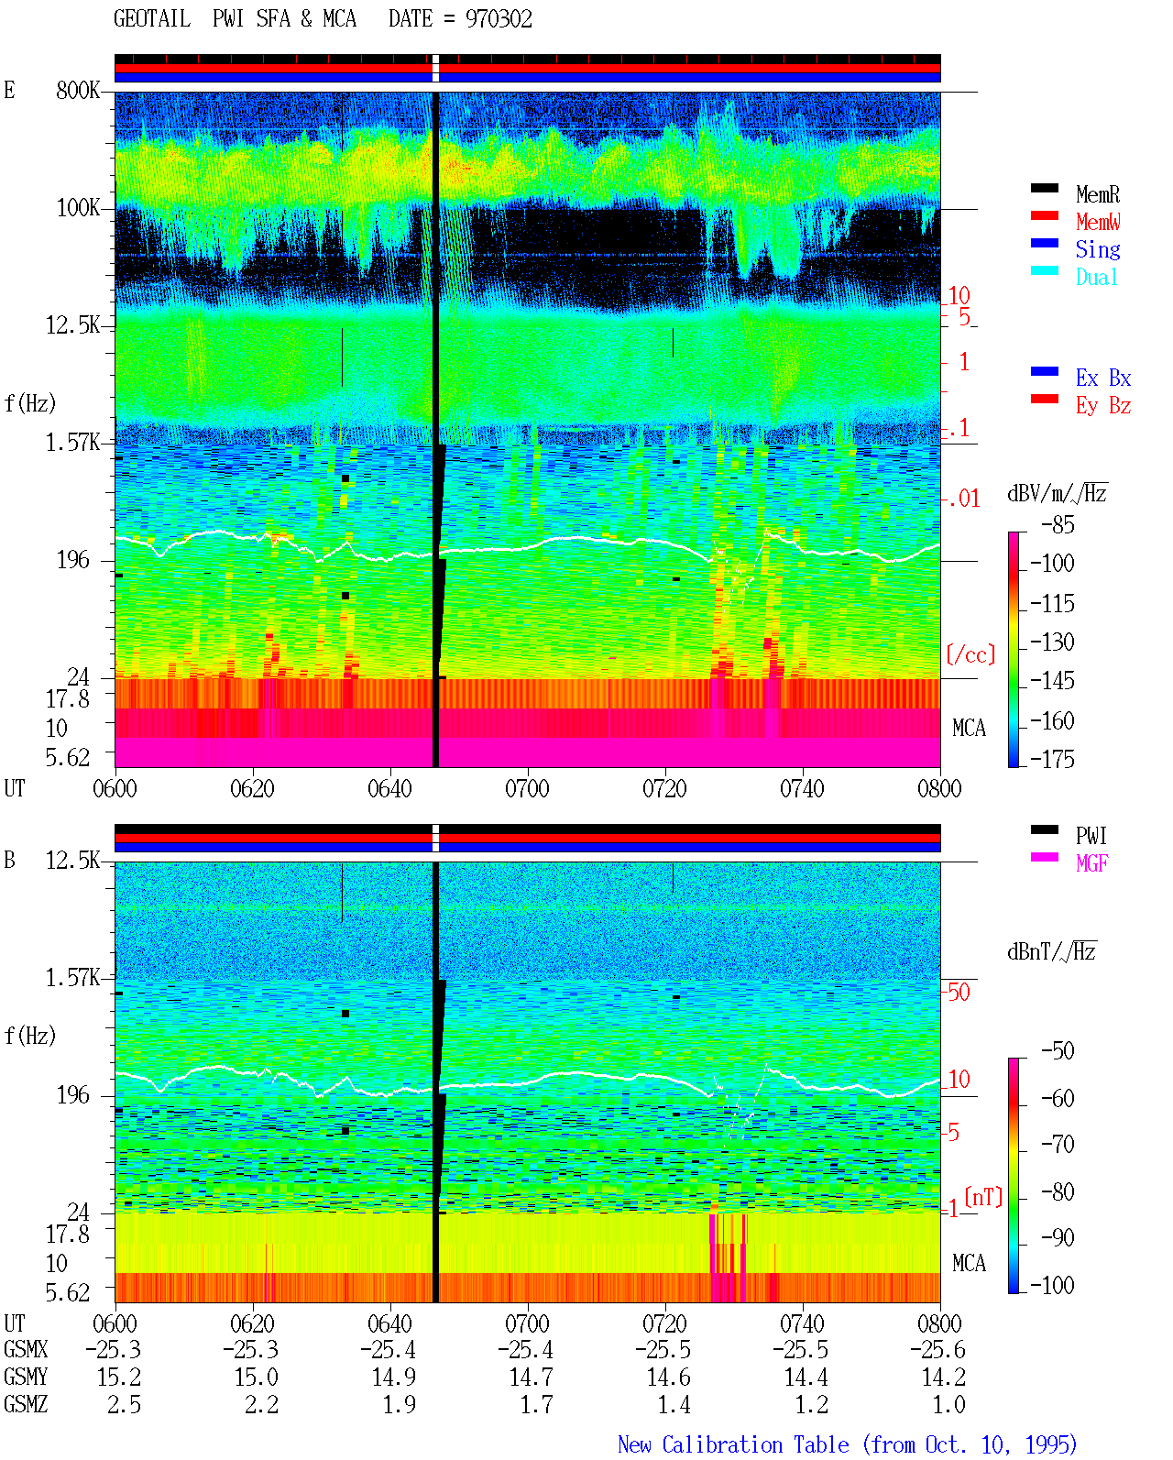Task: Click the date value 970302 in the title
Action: click(499, 19)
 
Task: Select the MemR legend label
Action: click(1098, 194)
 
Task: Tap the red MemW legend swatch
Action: click(1044, 215)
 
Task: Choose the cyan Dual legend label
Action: click(1097, 278)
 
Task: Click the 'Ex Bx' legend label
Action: click(1103, 378)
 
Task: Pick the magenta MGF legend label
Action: click(1091, 863)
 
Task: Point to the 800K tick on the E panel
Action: click(78, 90)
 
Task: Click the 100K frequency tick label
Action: click(78, 208)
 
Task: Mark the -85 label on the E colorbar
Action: click(1058, 524)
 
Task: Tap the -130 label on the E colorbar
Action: click(1052, 642)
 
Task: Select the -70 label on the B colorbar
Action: click(1058, 1144)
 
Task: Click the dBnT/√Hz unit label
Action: click(1052, 951)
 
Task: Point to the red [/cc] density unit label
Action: click(970, 654)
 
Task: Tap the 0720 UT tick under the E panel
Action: click(665, 788)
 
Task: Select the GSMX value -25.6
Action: click(937, 1349)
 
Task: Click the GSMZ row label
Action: click(26, 1404)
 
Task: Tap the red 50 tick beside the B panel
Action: click(959, 992)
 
